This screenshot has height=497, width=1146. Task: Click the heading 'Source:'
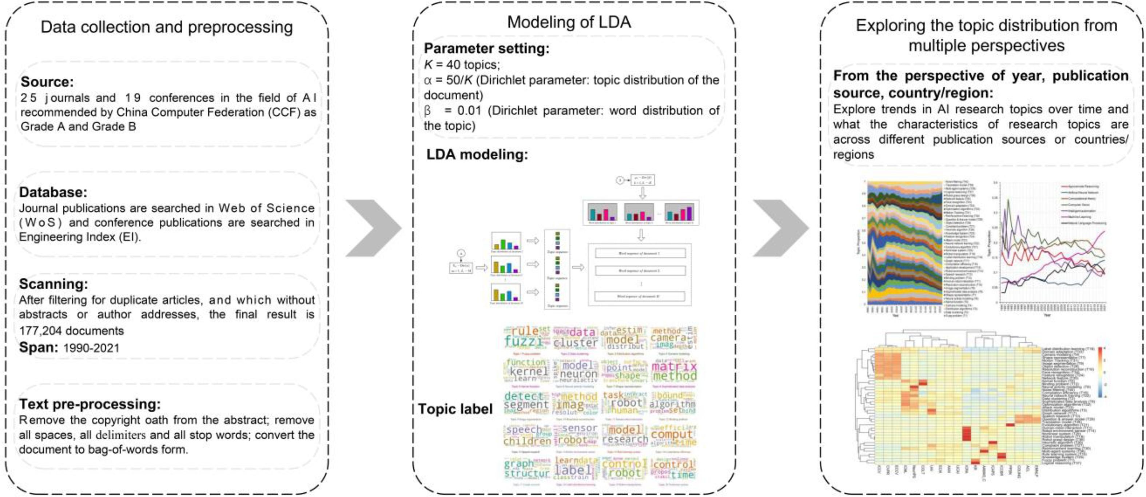tap(47, 82)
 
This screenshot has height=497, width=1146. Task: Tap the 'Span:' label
tap(38, 347)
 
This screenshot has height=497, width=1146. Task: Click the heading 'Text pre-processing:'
tap(89, 403)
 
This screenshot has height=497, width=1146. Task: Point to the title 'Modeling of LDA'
tap(569, 22)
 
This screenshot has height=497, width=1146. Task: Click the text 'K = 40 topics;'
tap(462, 64)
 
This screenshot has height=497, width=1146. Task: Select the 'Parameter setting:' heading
tap(486, 48)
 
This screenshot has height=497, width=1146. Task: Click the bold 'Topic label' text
tap(455, 409)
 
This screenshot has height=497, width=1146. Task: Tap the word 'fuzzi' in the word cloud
tap(523, 342)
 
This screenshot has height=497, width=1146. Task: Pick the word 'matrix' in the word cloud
tap(673, 366)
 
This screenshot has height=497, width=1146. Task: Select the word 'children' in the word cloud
tap(527, 441)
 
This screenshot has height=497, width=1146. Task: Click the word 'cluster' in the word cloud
tap(575, 343)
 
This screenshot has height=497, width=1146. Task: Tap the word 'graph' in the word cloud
tap(518, 464)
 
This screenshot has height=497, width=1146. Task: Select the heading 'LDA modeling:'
tap(477, 154)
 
